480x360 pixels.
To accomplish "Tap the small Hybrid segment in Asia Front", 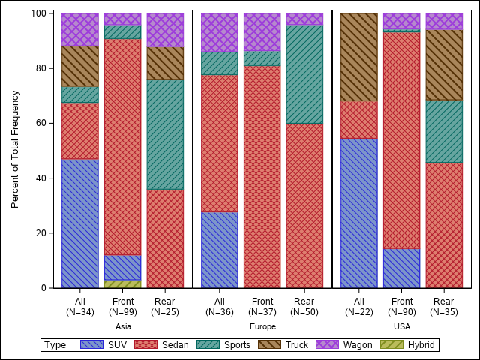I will pos(122,283).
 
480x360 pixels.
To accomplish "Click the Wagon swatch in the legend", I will pos(328,345).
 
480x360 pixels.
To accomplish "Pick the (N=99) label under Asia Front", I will pos(122,311).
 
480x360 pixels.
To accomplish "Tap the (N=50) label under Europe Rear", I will pos(304,311).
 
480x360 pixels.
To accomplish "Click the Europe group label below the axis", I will pos(262,327).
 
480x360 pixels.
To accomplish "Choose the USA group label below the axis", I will pos(402,327).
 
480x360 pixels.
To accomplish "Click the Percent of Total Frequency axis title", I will pos(15,149).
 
